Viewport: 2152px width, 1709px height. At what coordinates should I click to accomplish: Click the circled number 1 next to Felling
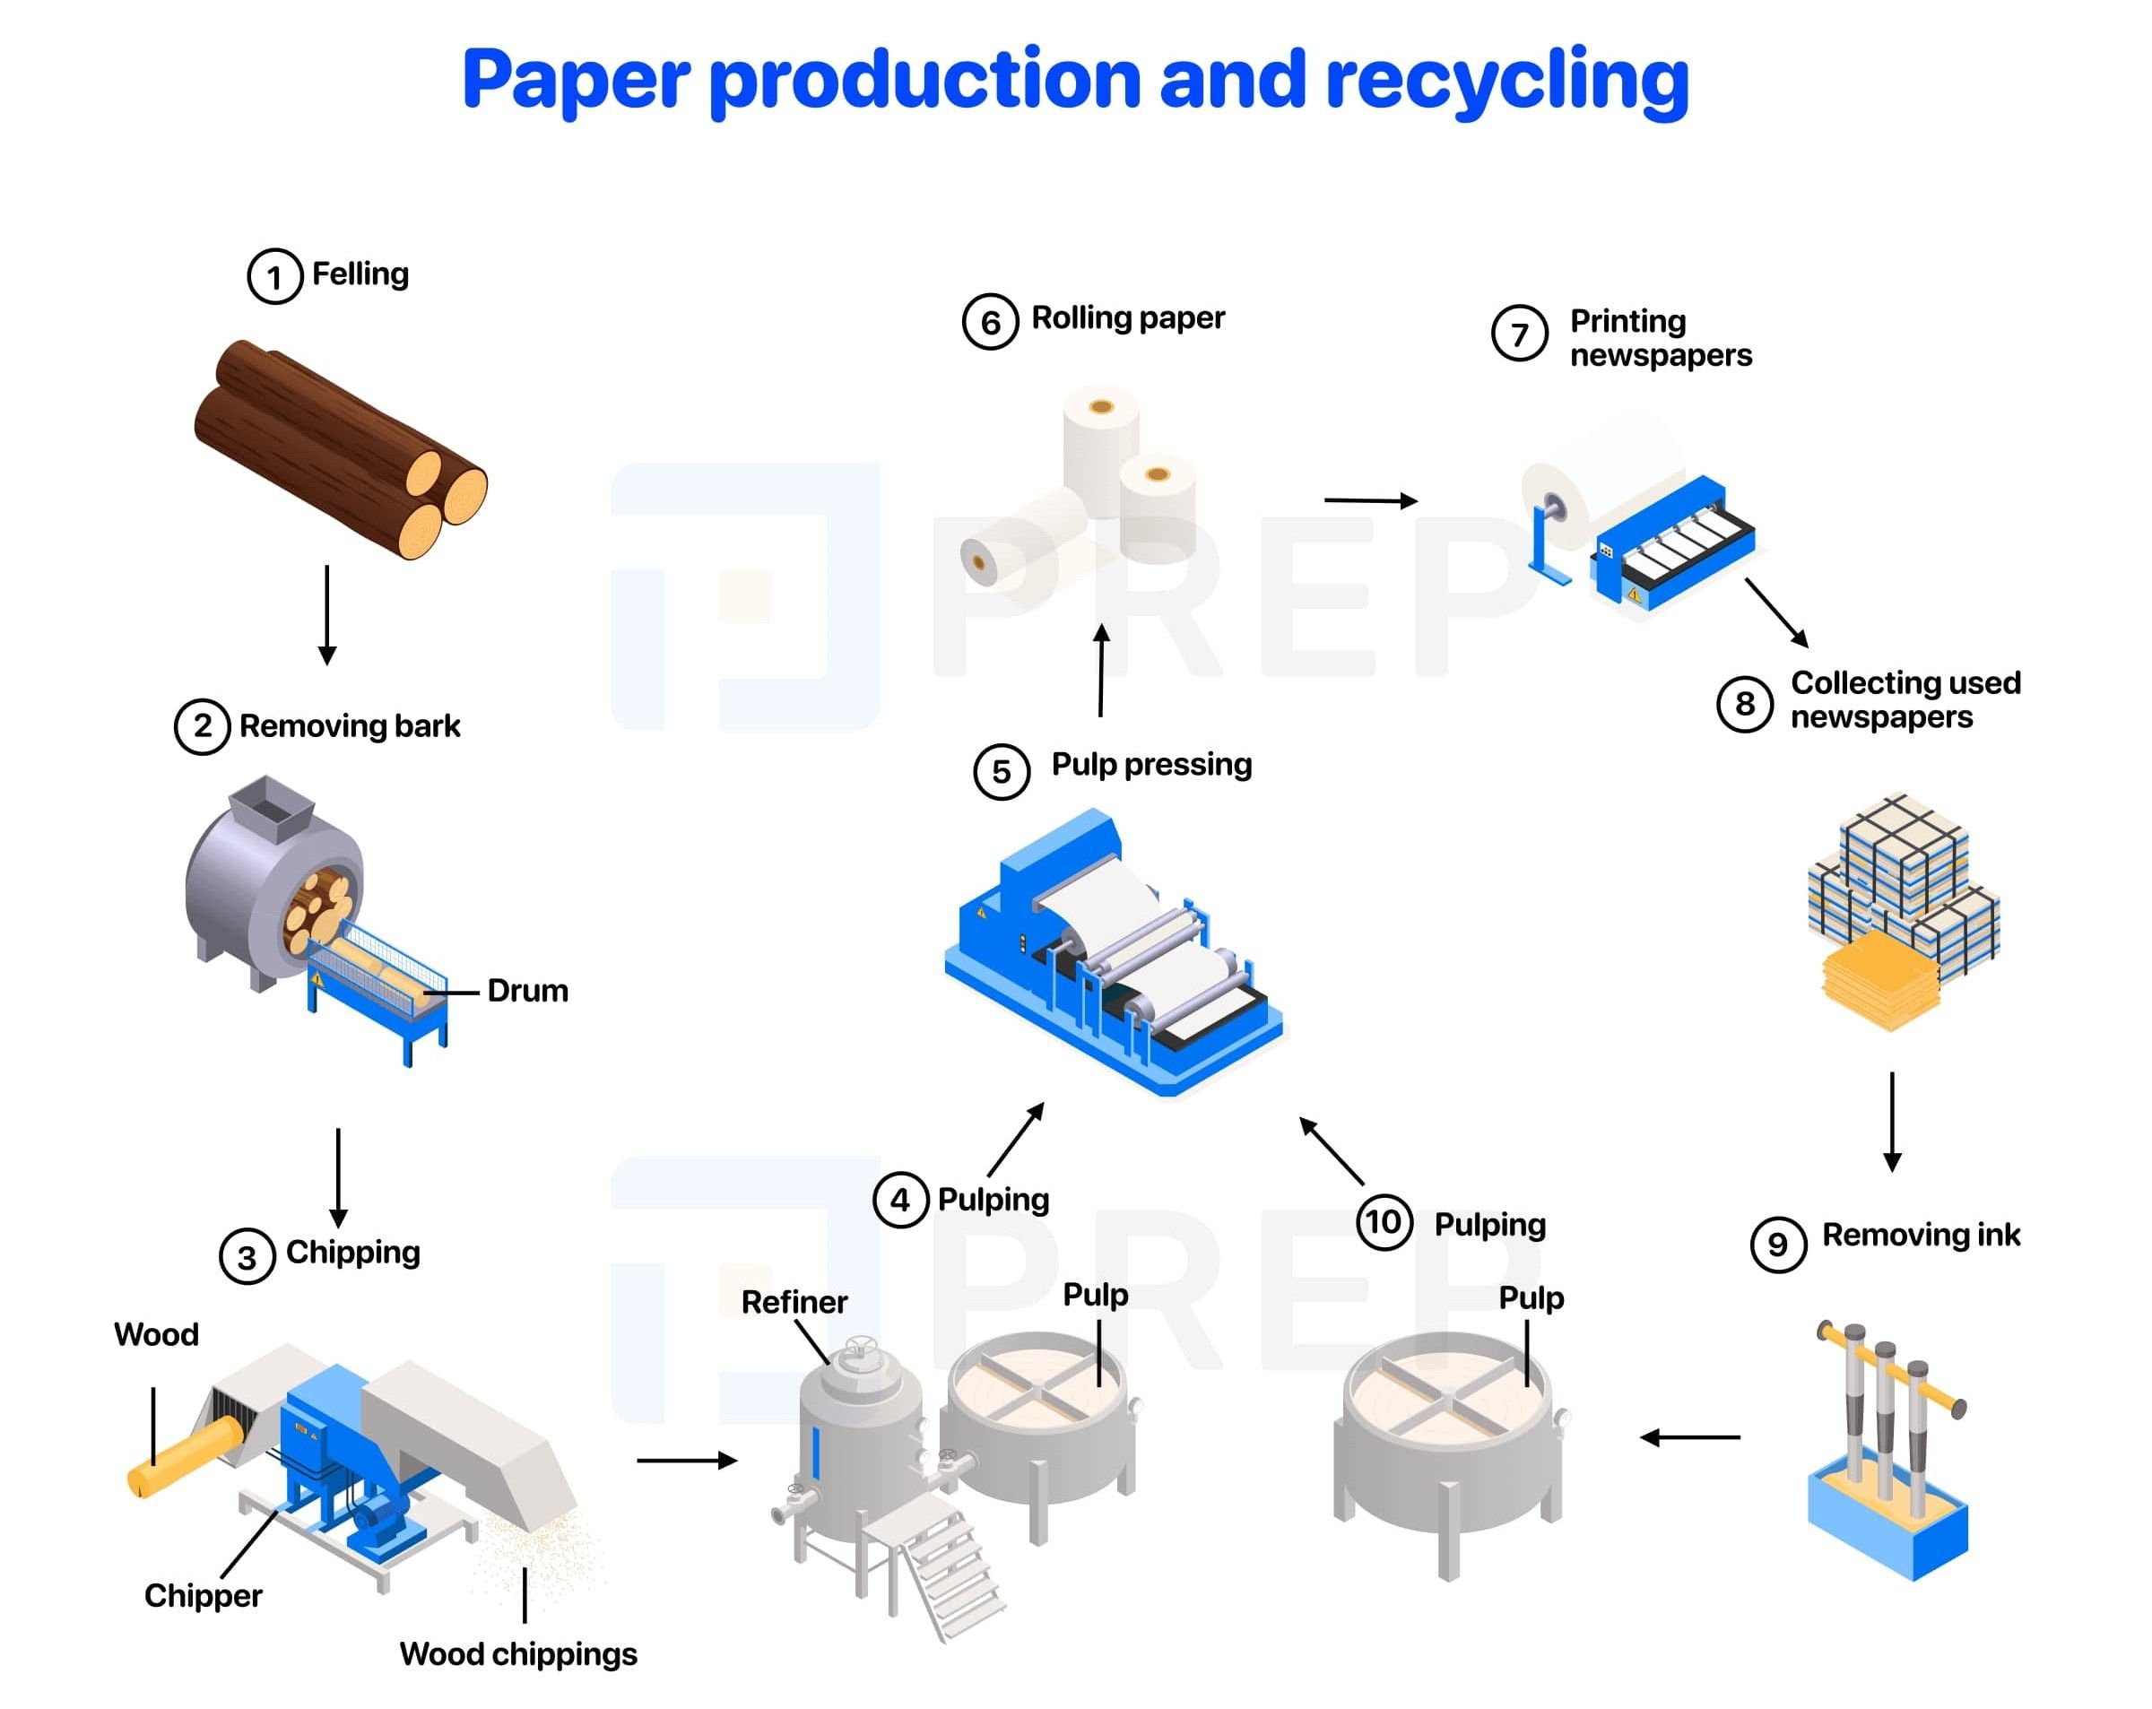click(274, 276)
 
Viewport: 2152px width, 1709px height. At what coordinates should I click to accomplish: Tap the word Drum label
click(527, 992)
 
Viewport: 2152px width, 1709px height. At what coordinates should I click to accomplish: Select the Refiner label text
click(794, 1302)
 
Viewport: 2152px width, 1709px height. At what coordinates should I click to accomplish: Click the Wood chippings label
click(518, 1654)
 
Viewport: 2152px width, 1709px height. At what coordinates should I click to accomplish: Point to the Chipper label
click(203, 1595)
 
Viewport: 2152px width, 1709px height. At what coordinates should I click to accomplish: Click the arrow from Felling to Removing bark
click(326, 614)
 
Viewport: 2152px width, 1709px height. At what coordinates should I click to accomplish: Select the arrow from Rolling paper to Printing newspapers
click(1369, 500)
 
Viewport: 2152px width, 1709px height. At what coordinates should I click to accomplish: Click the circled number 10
click(1384, 1222)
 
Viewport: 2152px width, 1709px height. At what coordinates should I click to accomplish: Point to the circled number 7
click(1519, 334)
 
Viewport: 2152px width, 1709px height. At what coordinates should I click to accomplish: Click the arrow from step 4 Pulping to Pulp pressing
click(1016, 1139)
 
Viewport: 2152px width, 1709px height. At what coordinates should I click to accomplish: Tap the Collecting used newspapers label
click(1904, 699)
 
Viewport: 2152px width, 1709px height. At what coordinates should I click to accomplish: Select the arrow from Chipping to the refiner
click(686, 1461)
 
